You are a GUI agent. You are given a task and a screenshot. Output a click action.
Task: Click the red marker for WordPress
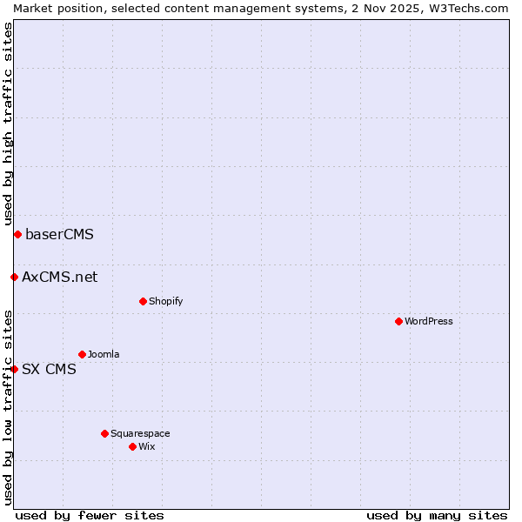398,321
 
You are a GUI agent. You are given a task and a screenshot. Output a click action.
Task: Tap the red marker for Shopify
143,301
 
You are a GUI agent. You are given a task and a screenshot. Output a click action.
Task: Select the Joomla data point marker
82,354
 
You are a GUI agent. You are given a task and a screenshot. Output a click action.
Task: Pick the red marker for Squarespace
104,433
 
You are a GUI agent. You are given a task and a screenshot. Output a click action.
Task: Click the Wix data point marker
132,446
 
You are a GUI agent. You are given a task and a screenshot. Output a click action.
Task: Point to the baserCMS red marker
17,234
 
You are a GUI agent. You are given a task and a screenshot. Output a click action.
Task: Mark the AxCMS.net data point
14,277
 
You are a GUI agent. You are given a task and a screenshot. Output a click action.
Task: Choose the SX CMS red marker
14,369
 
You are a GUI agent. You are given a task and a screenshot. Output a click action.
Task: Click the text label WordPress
429,321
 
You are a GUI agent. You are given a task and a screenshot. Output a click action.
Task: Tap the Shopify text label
165,301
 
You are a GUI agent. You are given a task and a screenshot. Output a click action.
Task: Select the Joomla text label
104,354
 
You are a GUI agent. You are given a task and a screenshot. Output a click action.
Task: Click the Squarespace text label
140,433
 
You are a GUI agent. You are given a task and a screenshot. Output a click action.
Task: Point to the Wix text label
146,446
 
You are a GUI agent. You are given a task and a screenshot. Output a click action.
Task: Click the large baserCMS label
59,234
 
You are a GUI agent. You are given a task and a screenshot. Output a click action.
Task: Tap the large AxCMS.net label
59,277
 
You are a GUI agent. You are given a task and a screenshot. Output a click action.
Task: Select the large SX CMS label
49,369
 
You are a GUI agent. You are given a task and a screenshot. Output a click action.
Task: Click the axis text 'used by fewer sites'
90,515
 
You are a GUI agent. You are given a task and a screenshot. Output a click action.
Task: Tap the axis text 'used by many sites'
437,515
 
